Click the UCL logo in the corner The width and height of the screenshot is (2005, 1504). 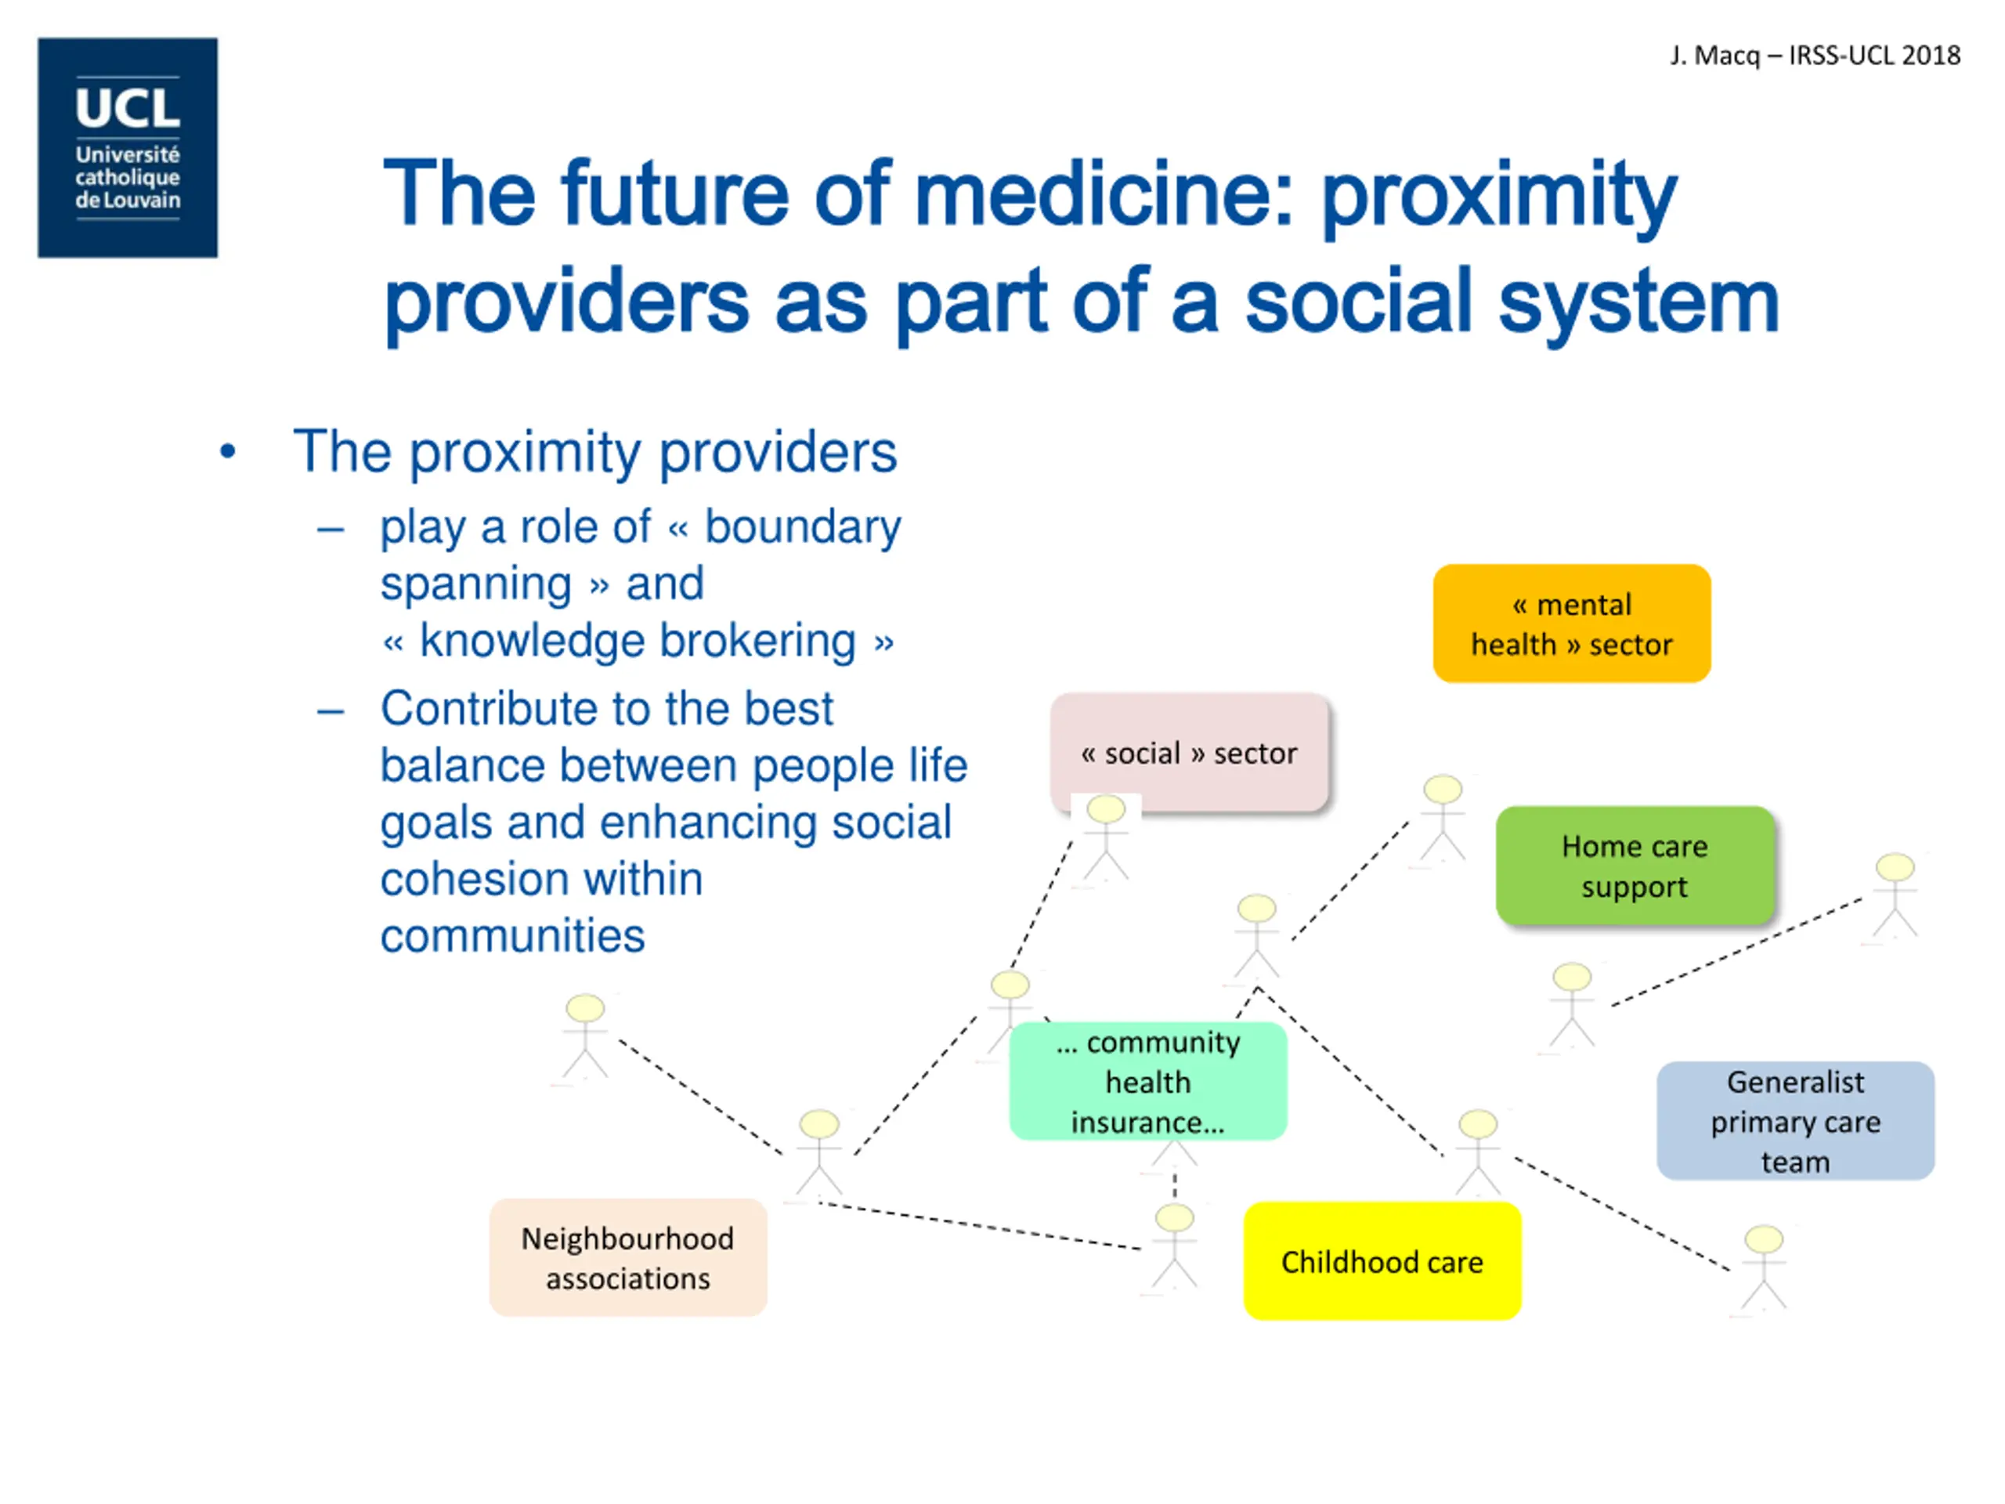(128, 148)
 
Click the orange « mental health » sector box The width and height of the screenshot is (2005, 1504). (1571, 624)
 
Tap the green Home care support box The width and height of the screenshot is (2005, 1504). (1635, 866)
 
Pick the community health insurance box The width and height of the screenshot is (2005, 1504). (1147, 1081)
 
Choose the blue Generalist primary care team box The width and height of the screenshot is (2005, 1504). (1795, 1120)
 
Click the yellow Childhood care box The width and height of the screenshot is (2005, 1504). (1382, 1261)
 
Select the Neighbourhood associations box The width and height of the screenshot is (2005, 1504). (627, 1257)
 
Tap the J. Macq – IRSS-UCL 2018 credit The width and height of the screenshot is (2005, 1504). (1815, 56)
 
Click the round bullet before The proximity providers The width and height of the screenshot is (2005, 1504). (227, 451)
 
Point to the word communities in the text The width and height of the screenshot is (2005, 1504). (512, 935)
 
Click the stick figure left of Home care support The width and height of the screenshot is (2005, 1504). (1442, 816)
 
